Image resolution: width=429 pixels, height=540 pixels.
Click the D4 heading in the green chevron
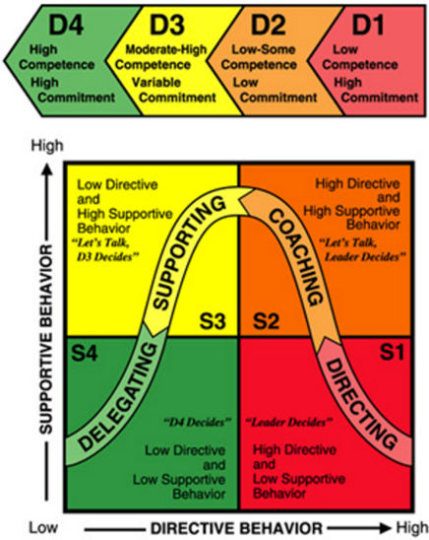(66, 25)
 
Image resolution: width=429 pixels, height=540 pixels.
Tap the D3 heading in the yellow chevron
(167, 25)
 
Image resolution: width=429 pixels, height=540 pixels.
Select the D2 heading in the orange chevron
(269, 25)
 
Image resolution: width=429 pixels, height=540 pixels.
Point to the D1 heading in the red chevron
(368, 25)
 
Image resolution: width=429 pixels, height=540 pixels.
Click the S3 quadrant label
(214, 321)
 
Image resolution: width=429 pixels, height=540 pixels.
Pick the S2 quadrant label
(266, 321)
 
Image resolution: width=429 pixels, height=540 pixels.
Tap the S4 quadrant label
(85, 353)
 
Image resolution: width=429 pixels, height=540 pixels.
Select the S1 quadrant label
(392, 352)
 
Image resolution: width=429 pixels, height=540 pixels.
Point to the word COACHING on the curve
(296, 257)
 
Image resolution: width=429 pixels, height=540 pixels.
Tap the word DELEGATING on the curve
(118, 396)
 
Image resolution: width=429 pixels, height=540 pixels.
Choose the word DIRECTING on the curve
(361, 404)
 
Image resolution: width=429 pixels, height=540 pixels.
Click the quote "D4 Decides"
(196, 422)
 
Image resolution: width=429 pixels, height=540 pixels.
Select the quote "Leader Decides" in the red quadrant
(288, 422)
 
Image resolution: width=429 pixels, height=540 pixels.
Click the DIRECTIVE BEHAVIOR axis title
(236, 528)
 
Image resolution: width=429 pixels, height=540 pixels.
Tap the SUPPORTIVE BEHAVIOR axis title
(46, 339)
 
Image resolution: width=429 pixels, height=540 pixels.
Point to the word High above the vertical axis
(47, 146)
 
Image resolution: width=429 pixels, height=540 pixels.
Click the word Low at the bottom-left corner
(43, 527)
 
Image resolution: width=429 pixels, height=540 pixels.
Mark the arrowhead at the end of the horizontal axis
(387, 527)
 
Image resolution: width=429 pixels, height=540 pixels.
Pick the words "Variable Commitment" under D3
(174, 90)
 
